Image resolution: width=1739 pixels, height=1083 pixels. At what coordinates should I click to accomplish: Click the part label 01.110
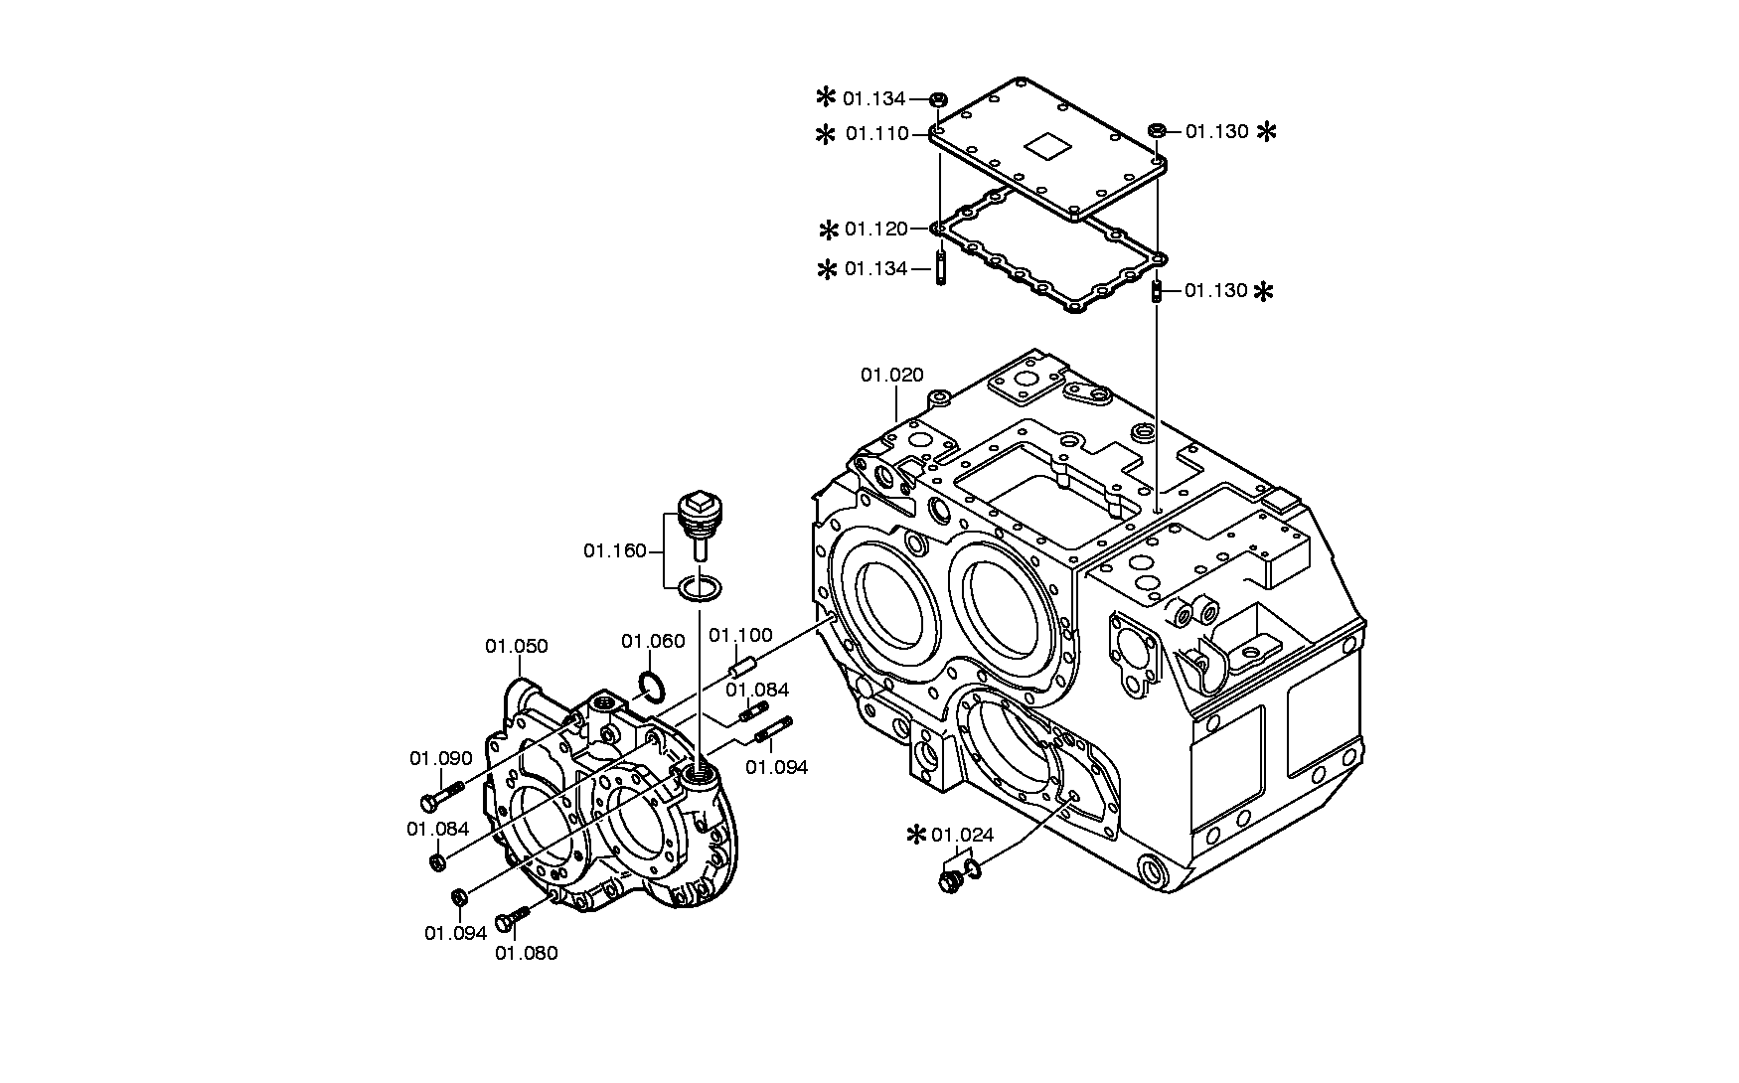pos(876,133)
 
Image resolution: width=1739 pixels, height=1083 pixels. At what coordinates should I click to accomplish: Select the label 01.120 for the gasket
pos(876,230)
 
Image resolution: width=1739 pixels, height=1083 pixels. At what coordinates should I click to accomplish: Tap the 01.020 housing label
pos(892,375)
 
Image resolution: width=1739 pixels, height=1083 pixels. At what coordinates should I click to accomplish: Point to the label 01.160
pos(615,550)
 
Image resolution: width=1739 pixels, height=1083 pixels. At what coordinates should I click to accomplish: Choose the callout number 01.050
pos(517,646)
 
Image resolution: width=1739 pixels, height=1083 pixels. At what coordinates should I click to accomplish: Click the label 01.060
pos(654,641)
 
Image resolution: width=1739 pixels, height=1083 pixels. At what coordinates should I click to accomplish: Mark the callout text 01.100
pos(740,635)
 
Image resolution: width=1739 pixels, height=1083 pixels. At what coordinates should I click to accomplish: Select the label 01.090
pos(441,758)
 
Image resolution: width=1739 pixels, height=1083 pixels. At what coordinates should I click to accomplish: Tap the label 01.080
pos(527,953)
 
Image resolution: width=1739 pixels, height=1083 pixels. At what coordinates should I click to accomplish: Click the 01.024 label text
pos(963,835)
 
